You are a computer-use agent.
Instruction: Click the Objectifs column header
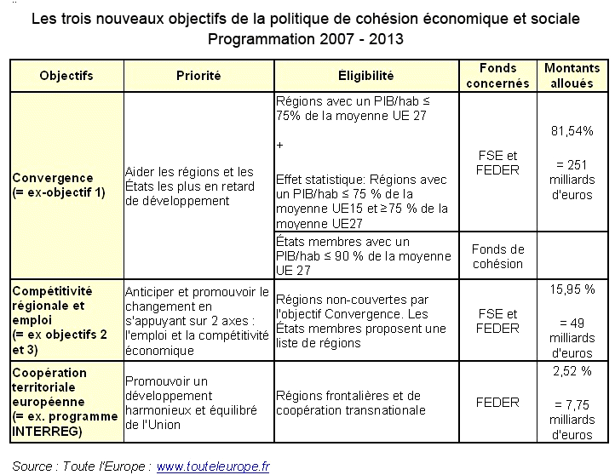[66, 76]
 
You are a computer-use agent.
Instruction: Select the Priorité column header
[198, 76]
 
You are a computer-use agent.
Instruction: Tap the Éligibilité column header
[365, 76]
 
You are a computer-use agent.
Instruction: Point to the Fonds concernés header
[498, 76]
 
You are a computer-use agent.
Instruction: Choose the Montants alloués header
[572, 76]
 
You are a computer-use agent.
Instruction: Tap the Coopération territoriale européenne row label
[61, 403]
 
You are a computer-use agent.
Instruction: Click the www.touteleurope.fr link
[213, 466]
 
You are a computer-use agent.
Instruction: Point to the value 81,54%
[572, 131]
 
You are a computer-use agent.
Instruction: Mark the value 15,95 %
[572, 289]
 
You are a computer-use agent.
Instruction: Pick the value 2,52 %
[572, 371]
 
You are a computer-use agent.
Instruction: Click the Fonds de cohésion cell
[498, 256]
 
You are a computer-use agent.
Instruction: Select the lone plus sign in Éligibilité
[280, 146]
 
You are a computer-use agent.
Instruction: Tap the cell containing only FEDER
[498, 403]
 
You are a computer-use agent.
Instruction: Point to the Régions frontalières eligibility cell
[349, 403]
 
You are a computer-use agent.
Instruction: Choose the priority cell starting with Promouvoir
[194, 403]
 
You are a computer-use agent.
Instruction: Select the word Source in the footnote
[32, 466]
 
